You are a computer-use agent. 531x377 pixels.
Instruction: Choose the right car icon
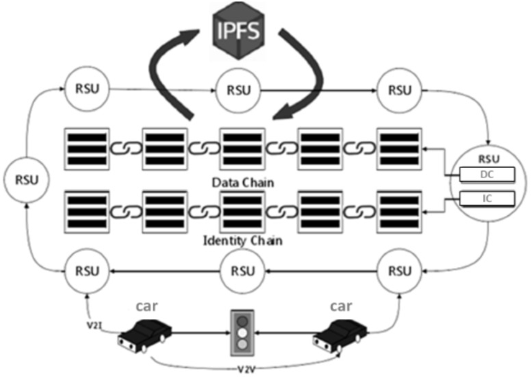[x=337, y=334]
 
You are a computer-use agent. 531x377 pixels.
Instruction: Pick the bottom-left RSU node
[x=88, y=271]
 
